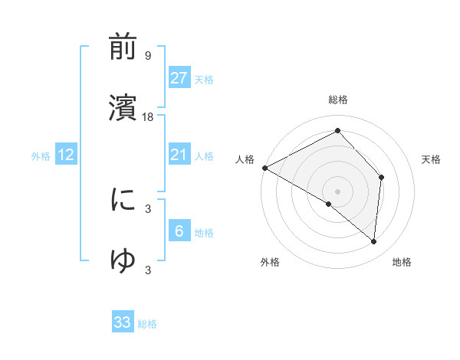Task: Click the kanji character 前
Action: click(x=123, y=48)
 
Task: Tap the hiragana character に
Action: click(x=123, y=201)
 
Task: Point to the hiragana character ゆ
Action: click(x=123, y=260)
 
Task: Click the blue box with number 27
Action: click(x=179, y=77)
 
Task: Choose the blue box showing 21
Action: click(x=179, y=155)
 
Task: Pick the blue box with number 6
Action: click(x=179, y=231)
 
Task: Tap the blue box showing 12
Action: click(x=66, y=155)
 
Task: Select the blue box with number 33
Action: click(x=123, y=322)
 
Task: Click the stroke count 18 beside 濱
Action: click(x=149, y=117)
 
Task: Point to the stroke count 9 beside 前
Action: click(x=148, y=56)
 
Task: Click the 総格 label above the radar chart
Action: click(x=338, y=100)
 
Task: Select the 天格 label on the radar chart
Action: click(x=432, y=159)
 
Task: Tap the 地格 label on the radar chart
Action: click(x=402, y=262)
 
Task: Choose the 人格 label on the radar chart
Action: click(x=245, y=159)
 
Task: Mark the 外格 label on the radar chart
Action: click(x=270, y=262)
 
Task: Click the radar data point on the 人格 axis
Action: click(x=264, y=167)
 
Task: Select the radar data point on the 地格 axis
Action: click(x=374, y=241)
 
